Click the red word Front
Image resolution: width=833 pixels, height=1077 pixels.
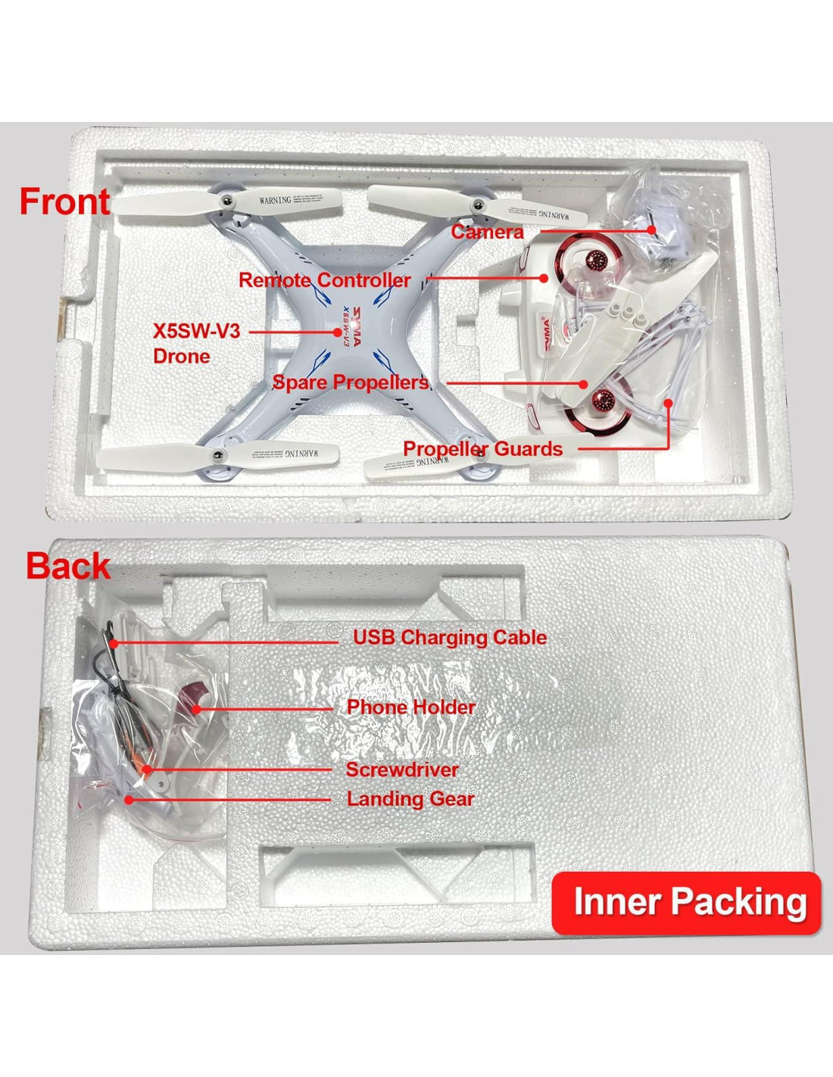65,201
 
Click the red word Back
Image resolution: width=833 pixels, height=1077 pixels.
68,567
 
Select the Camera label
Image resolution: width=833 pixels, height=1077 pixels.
487,232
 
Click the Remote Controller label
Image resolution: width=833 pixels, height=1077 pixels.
325,280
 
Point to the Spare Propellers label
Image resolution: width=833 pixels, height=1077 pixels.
350,382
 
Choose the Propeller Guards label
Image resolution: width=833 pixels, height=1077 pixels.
482,449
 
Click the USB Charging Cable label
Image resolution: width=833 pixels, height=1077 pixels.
450,638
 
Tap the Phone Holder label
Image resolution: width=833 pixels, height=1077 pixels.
410,707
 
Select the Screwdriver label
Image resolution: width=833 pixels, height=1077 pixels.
402,770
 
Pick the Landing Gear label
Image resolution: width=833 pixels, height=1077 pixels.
410,798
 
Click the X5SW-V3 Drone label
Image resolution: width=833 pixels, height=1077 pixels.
195,343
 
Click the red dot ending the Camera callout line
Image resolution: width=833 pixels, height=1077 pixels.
651,229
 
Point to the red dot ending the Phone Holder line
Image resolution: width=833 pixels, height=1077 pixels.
196,710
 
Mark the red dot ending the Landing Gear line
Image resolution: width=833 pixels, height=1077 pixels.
129,799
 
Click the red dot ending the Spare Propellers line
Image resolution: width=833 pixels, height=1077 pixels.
583,384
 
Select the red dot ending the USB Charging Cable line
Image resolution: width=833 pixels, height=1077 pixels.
112,643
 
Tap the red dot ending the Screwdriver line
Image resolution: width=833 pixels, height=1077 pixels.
148,770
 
